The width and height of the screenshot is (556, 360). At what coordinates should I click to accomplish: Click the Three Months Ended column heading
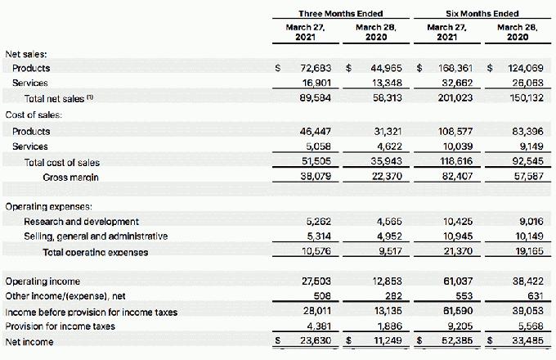click(x=340, y=13)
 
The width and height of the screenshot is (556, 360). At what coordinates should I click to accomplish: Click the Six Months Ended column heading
click(x=482, y=13)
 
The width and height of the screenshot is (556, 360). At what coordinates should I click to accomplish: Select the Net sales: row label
click(x=26, y=53)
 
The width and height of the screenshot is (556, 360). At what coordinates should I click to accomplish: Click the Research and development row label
click(x=81, y=222)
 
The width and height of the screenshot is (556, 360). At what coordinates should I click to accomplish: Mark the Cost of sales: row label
click(x=34, y=115)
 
